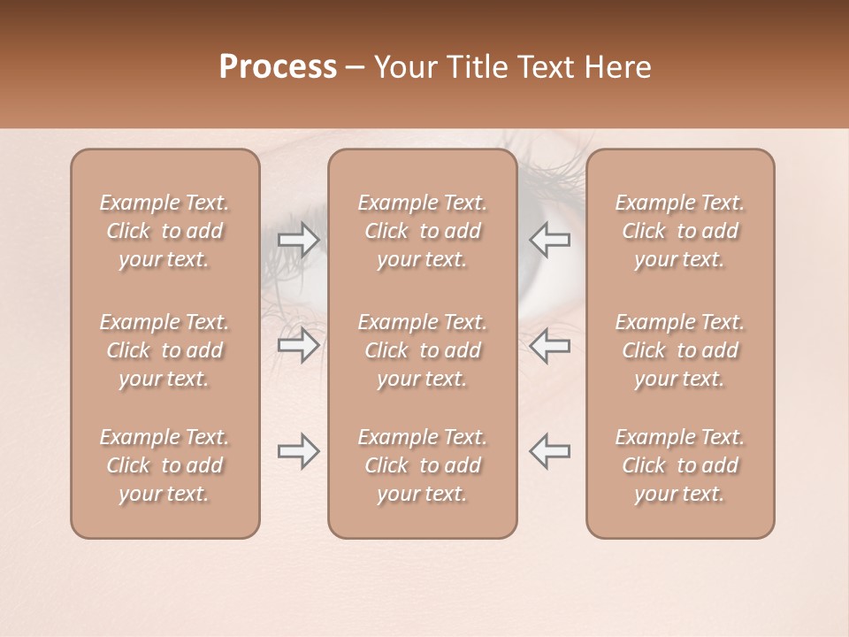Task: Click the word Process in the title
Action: point(278,67)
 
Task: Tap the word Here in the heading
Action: point(618,67)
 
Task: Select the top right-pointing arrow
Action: point(298,241)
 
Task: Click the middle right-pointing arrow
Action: point(298,345)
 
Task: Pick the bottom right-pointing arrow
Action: point(298,451)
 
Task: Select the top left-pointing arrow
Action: point(550,241)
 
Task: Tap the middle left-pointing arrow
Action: point(550,345)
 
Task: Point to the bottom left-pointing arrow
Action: point(550,451)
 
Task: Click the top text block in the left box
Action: point(164,231)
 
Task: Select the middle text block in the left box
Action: point(164,350)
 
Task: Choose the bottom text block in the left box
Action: point(164,465)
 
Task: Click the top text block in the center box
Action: point(423,231)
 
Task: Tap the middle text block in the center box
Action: point(423,350)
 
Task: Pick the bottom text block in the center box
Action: point(423,465)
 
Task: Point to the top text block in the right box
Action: point(680,231)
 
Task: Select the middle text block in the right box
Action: point(680,350)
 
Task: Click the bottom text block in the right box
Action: point(680,465)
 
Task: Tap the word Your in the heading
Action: point(406,67)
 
